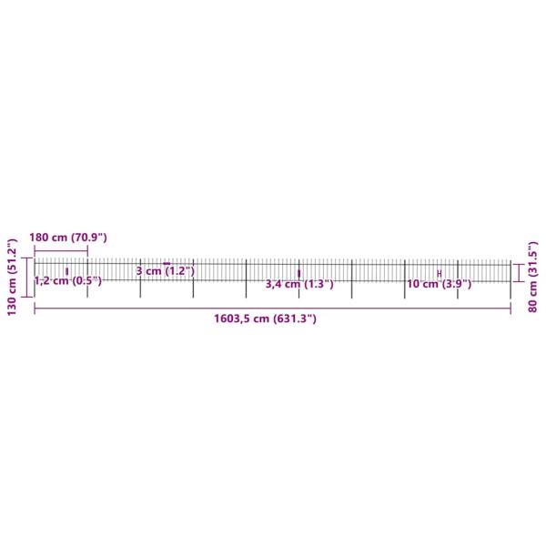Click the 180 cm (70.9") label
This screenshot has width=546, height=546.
pyautogui.click(x=68, y=238)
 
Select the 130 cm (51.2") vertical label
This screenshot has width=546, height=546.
pyautogui.click(x=12, y=278)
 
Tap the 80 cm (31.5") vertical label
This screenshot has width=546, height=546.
pyautogui.click(x=533, y=278)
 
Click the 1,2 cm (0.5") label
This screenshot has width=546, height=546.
pyautogui.click(x=67, y=281)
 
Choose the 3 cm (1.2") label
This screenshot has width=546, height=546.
pyautogui.click(x=166, y=271)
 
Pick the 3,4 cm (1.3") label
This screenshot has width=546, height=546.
pyautogui.click(x=298, y=284)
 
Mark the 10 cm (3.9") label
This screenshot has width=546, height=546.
pyautogui.click(x=439, y=284)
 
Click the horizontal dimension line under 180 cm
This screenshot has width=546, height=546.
pyautogui.click(x=61, y=249)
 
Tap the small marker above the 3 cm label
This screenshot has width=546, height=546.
pyautogui.click(x=167, y=263)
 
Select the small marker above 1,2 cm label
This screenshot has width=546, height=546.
pyautogui.click(x=67, y=271)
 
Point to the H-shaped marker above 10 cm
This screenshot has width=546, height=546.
pyautogui.click(x=440, y=273)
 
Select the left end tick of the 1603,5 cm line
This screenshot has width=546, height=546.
pyautogui.click(x=35, y=309)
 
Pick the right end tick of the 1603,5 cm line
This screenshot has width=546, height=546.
pyautogui.click(x=511, y=309)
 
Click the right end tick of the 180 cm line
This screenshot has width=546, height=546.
pyautogui.click(x=87, y=249)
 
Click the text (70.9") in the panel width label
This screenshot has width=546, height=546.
pyautogui.click(x=88, y=238)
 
